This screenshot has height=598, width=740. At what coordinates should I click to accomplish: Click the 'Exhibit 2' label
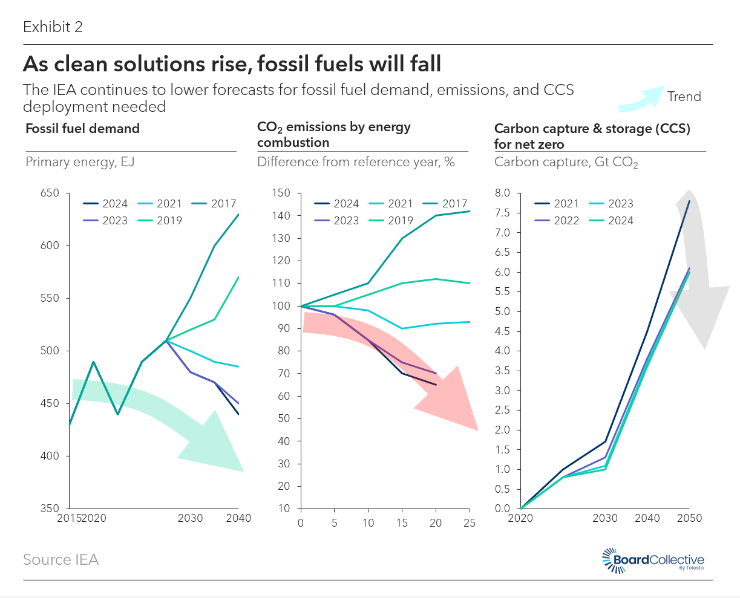click(x=53, y=27)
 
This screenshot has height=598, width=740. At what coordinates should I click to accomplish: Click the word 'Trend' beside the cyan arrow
click(x=684, y=97)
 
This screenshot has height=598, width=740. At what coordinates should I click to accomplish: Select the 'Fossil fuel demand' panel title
click(x=82, y=129)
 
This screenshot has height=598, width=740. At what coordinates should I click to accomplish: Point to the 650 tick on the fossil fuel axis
click(x=50, y=193)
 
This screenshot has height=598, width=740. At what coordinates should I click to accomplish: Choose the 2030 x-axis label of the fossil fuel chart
click(x=191, y=518)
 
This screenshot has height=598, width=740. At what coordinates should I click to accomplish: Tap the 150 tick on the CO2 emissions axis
click(x=281, y=193)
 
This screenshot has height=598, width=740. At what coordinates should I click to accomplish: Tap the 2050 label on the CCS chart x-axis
click(x=689, y=518)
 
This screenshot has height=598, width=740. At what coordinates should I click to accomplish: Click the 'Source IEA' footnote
click(x=61, y=560)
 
